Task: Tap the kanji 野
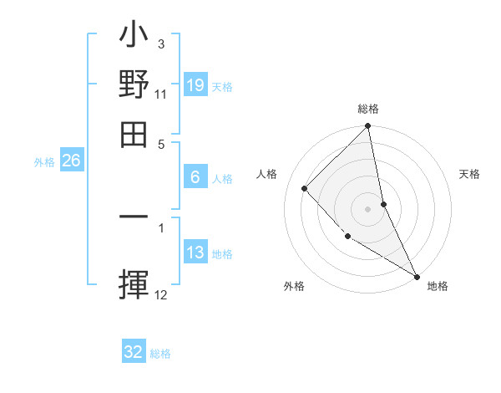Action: click(x=134, y=86)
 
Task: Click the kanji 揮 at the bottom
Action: click(x=134, y=285)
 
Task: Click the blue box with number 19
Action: click(x=195, y=85)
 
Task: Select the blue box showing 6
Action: click(x=195, y=177)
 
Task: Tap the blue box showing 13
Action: click(x=195, y=253)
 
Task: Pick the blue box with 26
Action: click(x=71, y=161)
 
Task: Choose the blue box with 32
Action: click(x=134, y=352)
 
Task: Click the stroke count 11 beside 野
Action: click(x=160, y=95)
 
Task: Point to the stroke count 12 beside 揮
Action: click(x=161, y=294)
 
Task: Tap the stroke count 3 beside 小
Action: click(x=160, y=43)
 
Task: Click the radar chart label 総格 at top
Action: click(x=368, y=109)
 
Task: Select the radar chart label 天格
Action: click(x=469, y=174)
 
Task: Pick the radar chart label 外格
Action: click(x=294, y=286)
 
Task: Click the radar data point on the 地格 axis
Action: click(x=417, y=276)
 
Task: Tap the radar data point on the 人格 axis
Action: click(x=305, y=188)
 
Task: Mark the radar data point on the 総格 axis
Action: click(x=368, y=127)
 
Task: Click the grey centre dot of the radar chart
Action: click(x=368, y=208)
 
